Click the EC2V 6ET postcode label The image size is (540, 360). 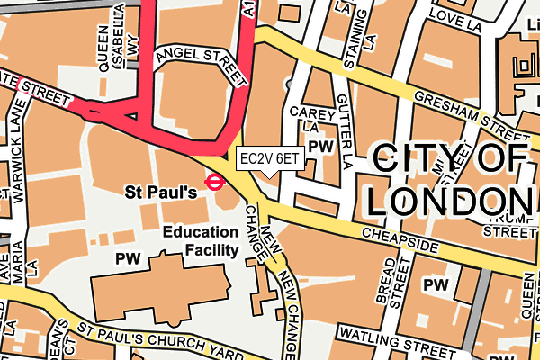tap(267, 158)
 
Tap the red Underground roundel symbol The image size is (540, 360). tap(214, 182)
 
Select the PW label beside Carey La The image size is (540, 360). tap(319, 147)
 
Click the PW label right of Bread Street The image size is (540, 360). tap(436, 285)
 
